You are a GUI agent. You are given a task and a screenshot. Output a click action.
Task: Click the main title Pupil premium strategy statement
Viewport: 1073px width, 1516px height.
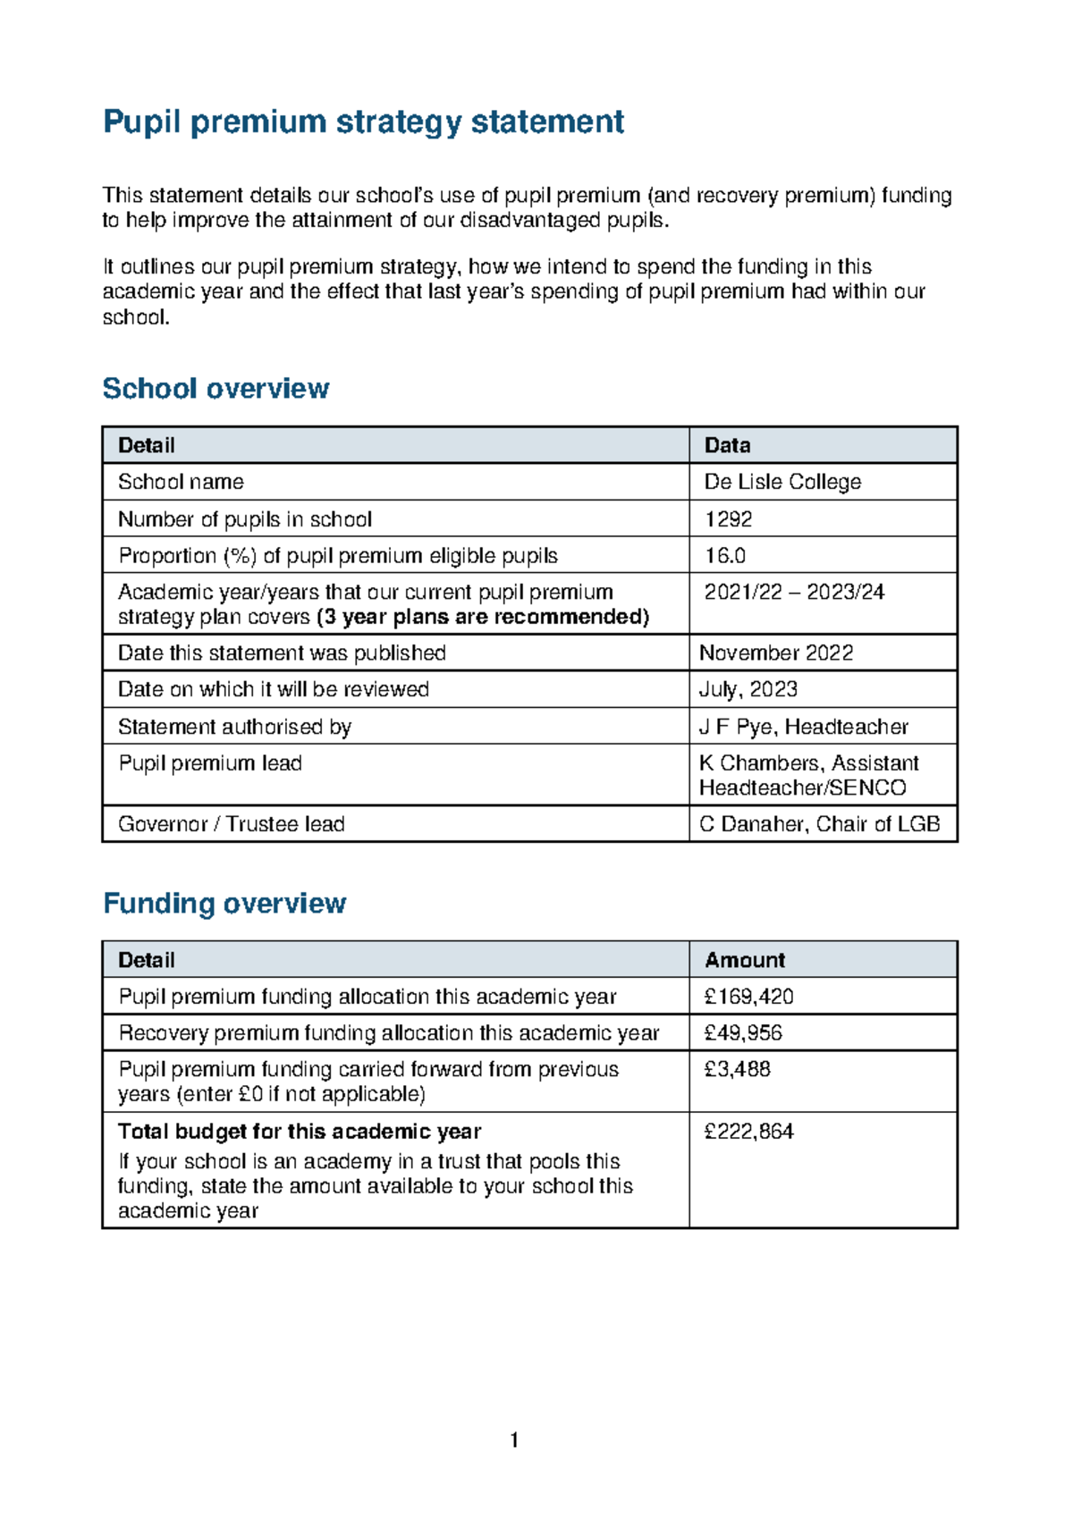coord(363,122)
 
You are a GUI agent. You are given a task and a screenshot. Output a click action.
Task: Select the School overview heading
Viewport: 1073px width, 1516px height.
coord(215,389)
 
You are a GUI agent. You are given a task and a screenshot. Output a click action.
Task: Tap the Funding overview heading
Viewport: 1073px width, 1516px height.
coord(224,904)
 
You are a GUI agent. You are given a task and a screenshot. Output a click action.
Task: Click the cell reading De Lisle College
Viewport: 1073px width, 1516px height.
coord(782,482)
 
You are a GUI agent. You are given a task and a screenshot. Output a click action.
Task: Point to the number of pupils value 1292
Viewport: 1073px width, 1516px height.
coord(728,519)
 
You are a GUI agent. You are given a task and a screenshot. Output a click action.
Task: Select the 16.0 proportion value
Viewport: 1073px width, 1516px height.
coord(724,556)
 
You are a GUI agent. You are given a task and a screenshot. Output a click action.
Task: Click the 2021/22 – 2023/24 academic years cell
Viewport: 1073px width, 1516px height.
coord(794,593)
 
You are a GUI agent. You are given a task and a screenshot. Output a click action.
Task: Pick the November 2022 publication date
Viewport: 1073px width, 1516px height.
coord(775,653)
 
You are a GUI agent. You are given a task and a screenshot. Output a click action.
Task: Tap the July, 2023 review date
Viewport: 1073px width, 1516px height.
coord(748,690)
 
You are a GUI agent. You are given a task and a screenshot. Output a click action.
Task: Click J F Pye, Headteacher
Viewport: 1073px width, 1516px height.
coord(803,727)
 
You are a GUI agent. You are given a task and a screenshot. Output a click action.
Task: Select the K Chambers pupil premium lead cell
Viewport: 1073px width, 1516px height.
coord(807,775)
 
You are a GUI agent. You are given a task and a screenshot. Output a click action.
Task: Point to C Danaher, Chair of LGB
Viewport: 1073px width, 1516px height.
coord(819,824)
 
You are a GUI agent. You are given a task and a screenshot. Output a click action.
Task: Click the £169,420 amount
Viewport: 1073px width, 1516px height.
coord(748,997)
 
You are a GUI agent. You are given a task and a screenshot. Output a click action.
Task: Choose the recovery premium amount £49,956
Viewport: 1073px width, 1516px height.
coord(743,1033)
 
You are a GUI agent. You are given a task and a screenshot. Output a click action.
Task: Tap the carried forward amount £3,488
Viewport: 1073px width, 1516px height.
coord(737,1070)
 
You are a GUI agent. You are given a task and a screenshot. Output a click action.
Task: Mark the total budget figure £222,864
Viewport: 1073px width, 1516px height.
coord(748,1132)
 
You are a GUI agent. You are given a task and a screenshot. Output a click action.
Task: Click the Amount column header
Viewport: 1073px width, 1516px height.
coord(744,960)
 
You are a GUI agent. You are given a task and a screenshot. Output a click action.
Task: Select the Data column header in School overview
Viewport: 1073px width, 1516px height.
coord(727,445)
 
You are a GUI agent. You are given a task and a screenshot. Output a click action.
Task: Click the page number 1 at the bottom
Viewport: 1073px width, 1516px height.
coord(514,1440)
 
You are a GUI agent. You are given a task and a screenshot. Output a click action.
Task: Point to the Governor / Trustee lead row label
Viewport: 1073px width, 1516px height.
coord(232,824)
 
